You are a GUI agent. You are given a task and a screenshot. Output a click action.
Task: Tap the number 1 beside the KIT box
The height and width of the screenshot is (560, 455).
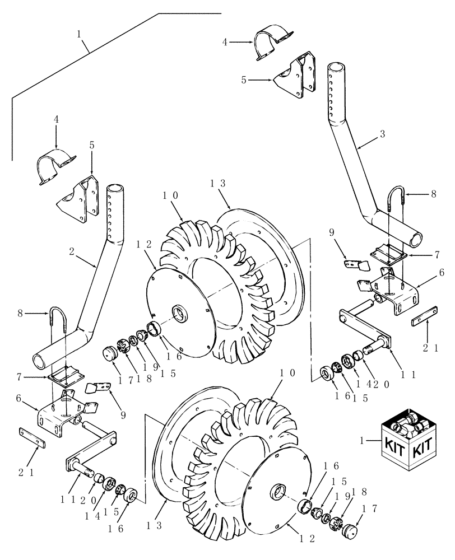pos(364,442)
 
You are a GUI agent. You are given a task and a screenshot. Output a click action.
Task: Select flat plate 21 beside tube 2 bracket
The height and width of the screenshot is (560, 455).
pos(32,437)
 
